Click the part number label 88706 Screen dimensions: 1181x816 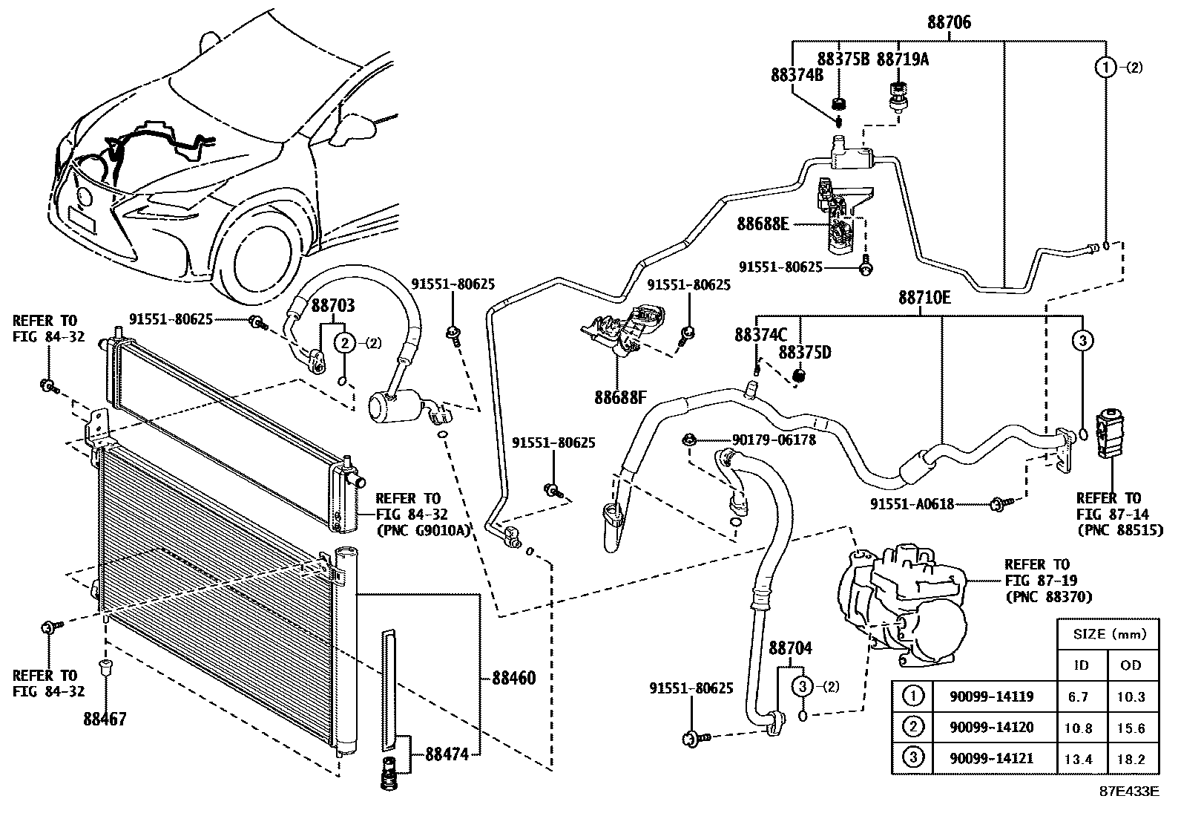[949, 22]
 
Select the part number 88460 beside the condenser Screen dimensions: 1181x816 [513, 678]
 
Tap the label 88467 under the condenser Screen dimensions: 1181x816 [105, 719]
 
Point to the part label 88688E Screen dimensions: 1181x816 [763, 223]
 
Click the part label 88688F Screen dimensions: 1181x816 [620, 397]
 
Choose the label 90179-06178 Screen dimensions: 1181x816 [774, 440]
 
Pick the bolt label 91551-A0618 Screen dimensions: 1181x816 [912, 505]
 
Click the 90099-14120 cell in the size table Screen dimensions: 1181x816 [991, 728]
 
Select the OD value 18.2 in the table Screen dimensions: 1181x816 [1131, 759]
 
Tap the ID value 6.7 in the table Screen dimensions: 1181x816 [1078, 696]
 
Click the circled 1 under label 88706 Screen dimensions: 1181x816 [1106, 67]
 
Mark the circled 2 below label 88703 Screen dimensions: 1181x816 [345, 343]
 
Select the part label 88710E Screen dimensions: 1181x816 [924, 298]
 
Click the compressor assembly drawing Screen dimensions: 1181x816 [903, 604]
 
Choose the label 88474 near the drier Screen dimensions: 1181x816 [447, 754]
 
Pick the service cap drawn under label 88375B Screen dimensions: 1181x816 [839, 103]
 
